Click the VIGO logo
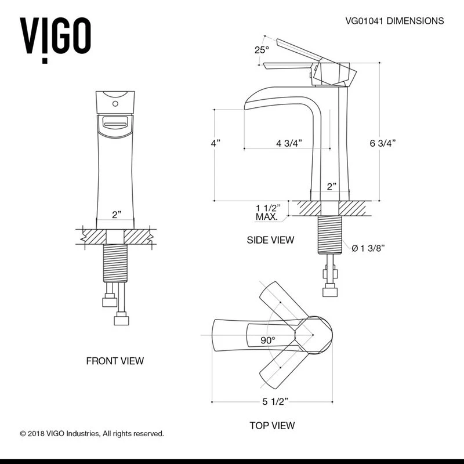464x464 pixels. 56,36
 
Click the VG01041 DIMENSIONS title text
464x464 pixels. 394,21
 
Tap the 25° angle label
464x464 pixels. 262,50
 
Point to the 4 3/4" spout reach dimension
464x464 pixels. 288,143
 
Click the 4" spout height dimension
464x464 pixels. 216,143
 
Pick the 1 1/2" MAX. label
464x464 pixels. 268,212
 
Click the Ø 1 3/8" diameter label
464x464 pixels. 369,248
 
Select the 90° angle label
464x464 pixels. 267,340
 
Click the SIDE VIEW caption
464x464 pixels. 270,240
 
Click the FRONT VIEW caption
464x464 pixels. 115,361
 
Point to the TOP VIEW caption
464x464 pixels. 272,425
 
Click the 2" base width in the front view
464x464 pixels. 117,215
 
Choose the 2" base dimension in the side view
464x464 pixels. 331,186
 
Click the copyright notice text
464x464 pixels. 92,433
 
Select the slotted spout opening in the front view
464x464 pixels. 115,122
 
